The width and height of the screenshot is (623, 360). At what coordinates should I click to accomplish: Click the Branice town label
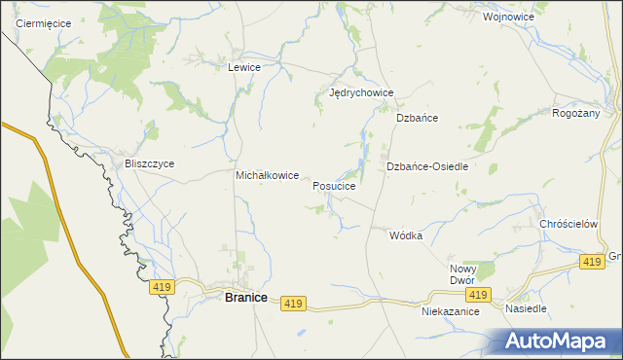pos(245,298)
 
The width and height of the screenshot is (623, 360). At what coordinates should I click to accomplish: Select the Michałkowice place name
pos(268,175)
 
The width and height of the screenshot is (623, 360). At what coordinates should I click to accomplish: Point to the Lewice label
pos(243,67)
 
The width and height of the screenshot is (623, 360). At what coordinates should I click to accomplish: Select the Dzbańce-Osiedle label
pos(427,166)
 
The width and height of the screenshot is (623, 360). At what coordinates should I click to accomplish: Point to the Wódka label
pos(406,235)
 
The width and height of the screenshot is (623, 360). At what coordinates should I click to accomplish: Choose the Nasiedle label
pos(527,308)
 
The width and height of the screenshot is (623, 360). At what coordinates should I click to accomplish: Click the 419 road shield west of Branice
pos(162,287)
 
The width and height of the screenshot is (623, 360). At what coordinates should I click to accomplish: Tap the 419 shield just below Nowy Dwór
pos(476,295)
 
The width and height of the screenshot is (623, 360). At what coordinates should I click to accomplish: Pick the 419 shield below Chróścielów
pos(591,262)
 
